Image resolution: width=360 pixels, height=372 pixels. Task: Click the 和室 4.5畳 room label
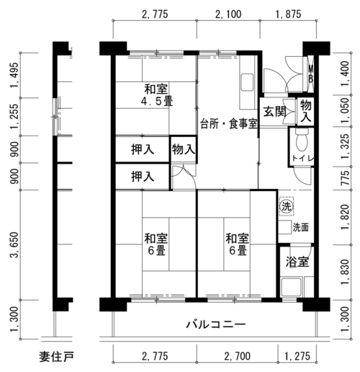[x=156, y=95]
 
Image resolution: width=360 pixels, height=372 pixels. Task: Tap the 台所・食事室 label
[x=229, y=124]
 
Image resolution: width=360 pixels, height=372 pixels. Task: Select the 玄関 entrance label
[x=274, y=111]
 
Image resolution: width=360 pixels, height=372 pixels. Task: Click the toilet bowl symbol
[x=302, y=141]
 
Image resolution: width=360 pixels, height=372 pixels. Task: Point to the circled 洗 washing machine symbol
[x=287, y=206]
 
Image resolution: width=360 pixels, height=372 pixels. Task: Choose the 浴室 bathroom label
[x=297, y=262]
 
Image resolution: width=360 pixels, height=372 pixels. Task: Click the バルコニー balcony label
[x=216, y=324]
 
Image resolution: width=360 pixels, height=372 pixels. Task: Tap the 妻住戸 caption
[x=57, y=357]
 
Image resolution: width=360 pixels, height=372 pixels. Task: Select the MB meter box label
[x=311, y=74]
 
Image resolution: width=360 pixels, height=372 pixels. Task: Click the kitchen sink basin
[x=247, y=82]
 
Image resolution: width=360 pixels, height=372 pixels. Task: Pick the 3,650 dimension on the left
[x=14, y=244]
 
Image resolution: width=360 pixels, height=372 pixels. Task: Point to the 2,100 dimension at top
[x=228, y=14]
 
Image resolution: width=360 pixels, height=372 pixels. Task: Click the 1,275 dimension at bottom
[x=297, y=356]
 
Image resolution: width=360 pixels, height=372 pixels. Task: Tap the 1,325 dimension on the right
[x=345, y=146]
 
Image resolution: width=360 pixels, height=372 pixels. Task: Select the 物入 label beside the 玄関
[x=306, y=111]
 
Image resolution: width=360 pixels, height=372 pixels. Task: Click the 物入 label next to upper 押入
[x=184, y=149]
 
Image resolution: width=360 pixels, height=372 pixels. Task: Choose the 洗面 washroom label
[x=300, y=227]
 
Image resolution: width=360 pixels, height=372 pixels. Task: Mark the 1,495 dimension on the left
[x=14, y=75]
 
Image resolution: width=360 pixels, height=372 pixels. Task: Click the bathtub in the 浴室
[x=292, y=287]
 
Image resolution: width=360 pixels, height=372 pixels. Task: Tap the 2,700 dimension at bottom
[x=238, y=356]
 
